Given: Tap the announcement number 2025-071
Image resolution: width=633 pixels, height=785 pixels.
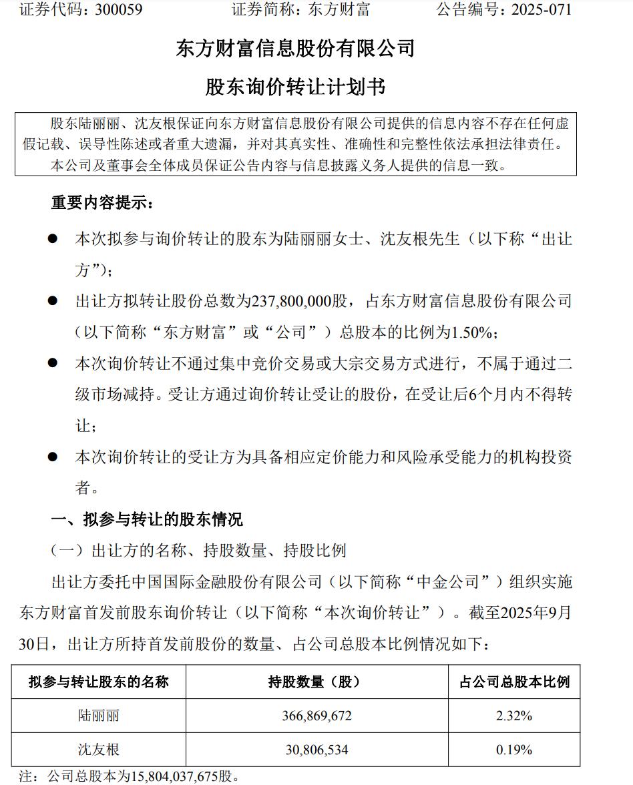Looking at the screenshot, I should point(542,10).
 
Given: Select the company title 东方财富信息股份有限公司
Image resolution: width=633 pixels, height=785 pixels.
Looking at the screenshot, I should point(295,49).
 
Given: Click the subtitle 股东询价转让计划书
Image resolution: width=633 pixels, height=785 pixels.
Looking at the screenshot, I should point(295,87).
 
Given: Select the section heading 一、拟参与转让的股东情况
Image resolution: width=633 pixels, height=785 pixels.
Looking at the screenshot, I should point(147,519).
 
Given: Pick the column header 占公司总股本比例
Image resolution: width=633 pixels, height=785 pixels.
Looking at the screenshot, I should point(514,682).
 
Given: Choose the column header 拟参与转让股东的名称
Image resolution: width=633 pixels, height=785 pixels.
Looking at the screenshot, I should point(99,682).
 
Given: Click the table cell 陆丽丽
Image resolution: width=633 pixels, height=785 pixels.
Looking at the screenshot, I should point(99,716).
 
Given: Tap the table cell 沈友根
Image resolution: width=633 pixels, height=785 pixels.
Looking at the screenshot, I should point(99,750).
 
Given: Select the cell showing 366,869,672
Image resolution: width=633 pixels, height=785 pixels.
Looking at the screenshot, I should point(316,716).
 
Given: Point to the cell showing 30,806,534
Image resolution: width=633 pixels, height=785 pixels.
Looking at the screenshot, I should point(316,750).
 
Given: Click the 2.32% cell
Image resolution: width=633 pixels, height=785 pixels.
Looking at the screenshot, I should point(513,716).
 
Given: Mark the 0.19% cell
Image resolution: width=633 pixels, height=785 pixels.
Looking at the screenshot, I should point(513,750).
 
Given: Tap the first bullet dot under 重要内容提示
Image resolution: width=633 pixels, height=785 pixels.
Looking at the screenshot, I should point(52,239).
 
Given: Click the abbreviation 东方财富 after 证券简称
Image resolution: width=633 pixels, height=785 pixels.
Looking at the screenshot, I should point(339,10).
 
